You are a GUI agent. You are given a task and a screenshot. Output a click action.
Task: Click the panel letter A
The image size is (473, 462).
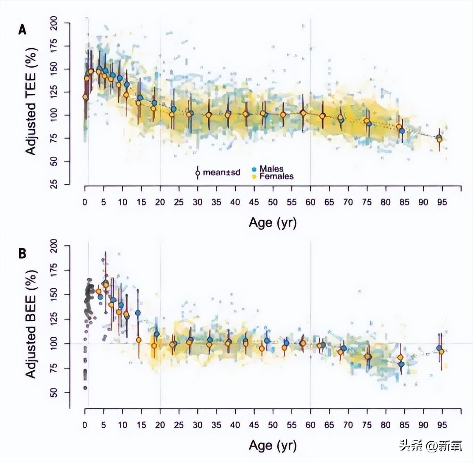click(x=23, y=30)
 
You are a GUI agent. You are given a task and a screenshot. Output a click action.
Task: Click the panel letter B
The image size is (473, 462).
click(x=23, y=254)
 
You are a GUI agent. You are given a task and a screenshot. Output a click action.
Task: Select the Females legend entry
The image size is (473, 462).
click(x=276, y=176)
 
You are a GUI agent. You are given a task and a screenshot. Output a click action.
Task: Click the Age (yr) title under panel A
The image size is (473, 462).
click(x=273, y=223)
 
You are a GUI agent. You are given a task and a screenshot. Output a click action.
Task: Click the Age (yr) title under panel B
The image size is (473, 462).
click(x=273, y=445)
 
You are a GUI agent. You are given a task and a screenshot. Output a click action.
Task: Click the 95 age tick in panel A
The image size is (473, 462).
click(x=442, y=202)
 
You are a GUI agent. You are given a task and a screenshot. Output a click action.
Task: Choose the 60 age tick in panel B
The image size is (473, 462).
click(x=310, y=425)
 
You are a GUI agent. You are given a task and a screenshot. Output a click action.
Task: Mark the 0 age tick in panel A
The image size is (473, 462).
click(x=85, y=202)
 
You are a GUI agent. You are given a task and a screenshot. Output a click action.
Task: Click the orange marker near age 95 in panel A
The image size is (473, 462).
click(x=439, y=139)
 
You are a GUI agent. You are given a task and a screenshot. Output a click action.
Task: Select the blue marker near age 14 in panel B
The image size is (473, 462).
click(x=138, y=313)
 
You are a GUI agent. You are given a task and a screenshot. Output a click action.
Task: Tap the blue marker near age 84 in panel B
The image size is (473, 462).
click(x=401, y=364)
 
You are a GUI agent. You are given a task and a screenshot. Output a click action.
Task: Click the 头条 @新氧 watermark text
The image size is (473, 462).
click(x=430, y=446)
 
